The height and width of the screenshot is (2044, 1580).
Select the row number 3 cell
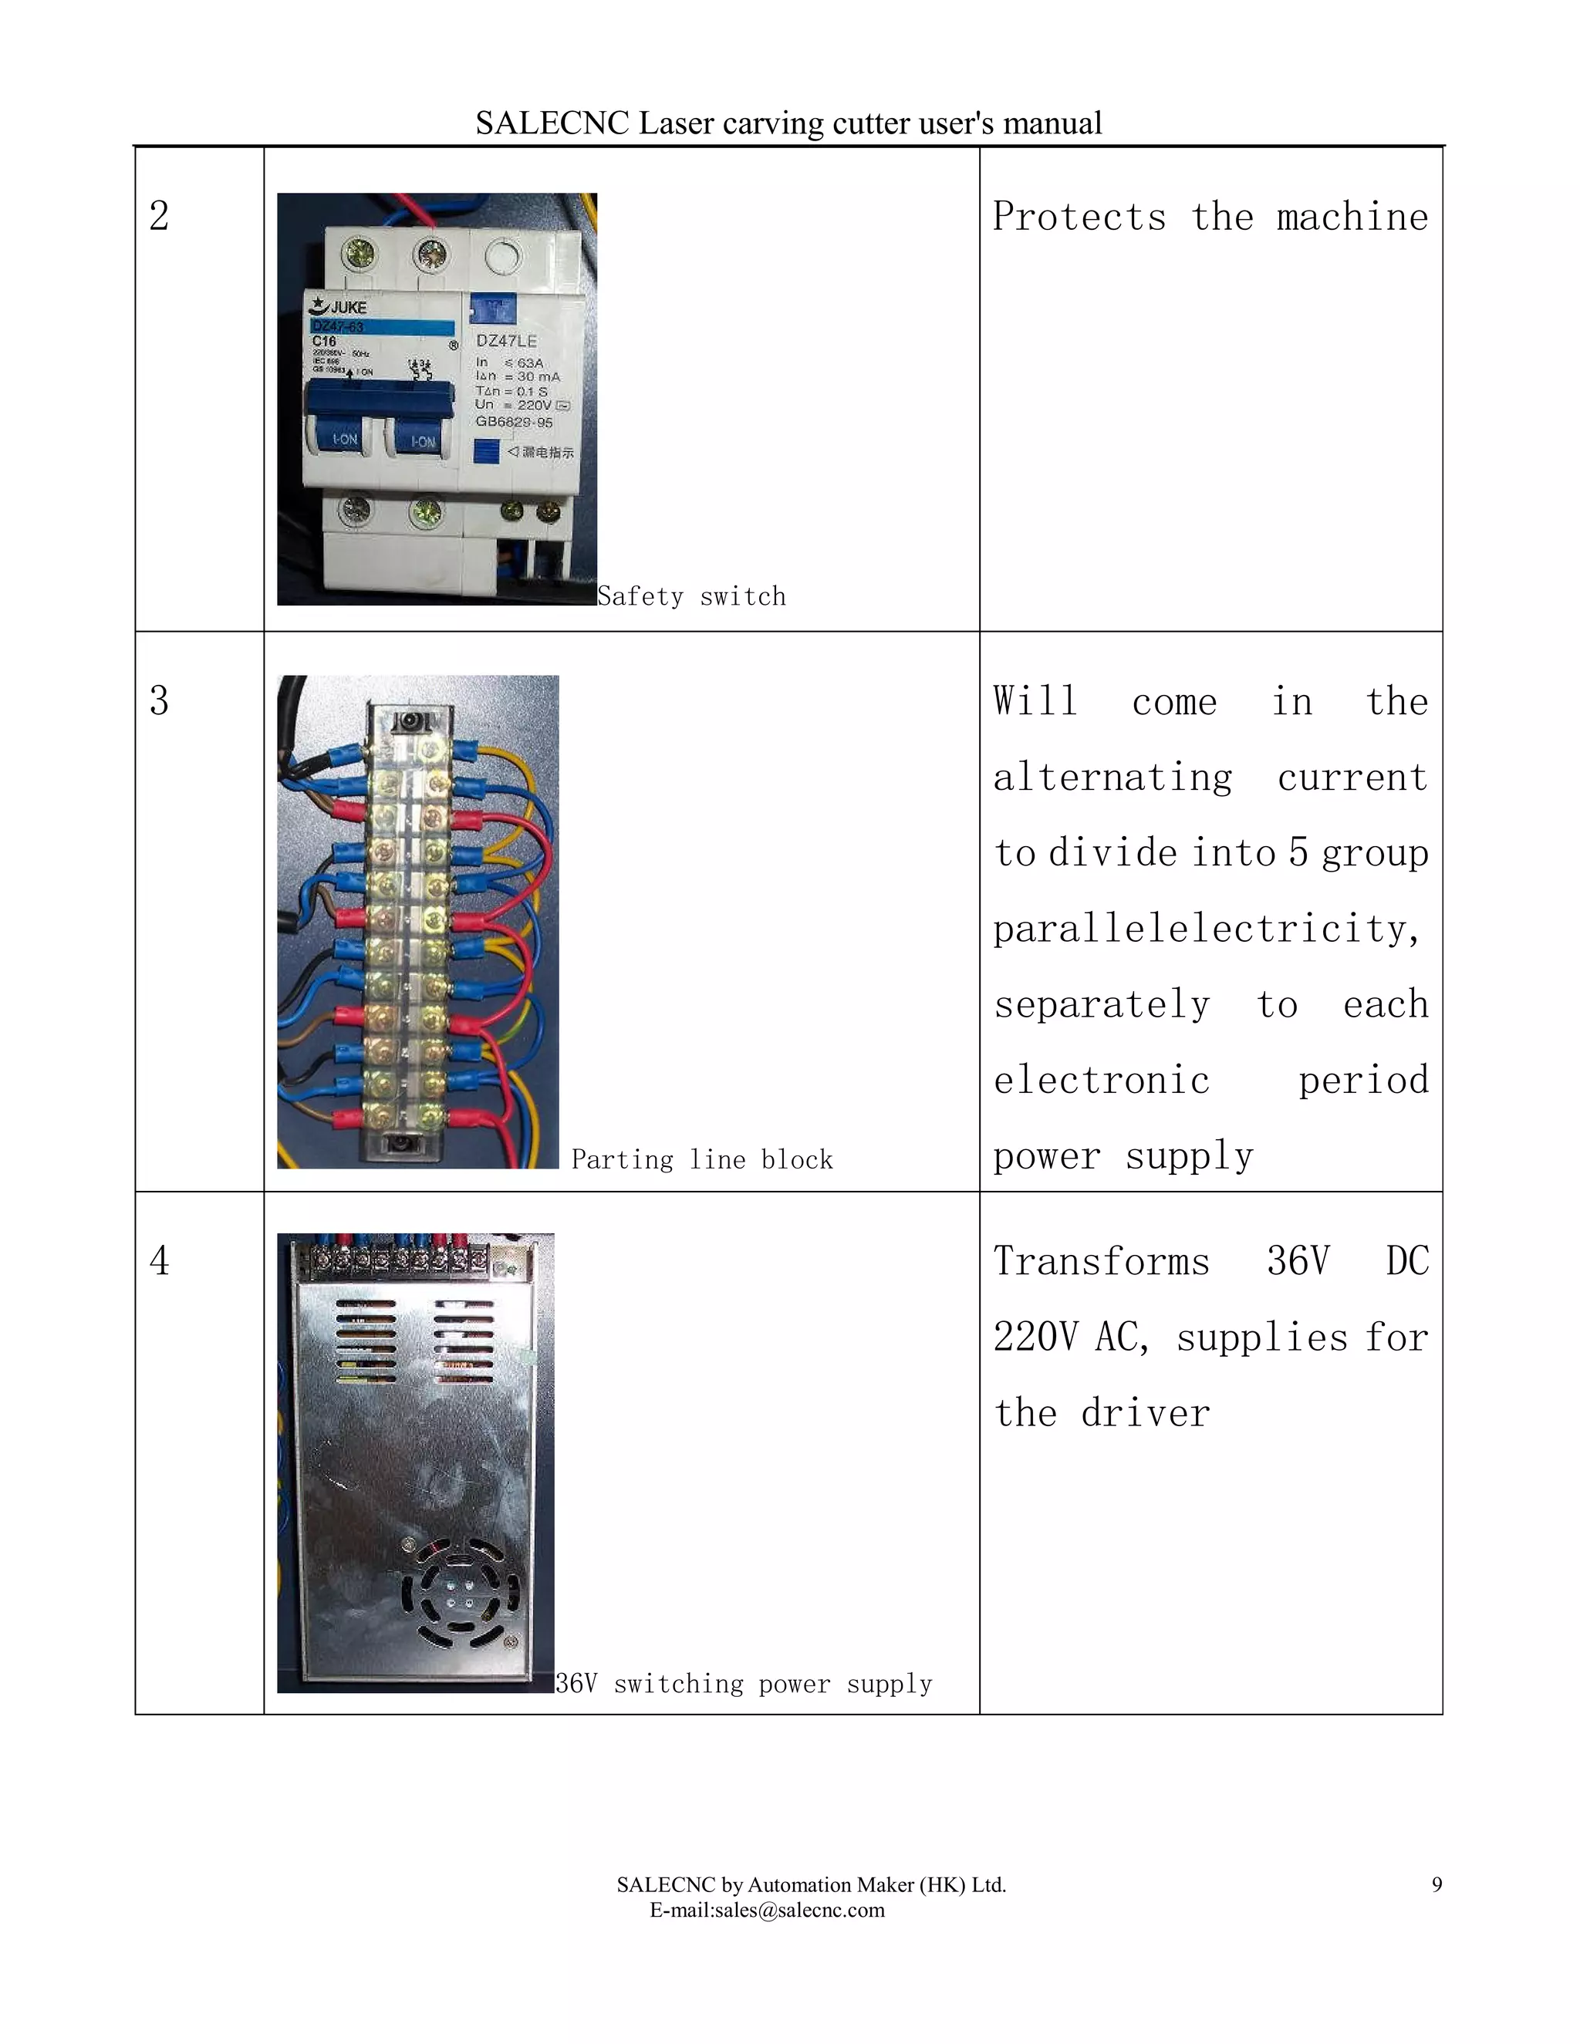click(159, 701)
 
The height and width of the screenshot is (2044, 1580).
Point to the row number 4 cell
click(159, 1260)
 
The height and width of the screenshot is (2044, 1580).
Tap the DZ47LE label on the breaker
click(506, 342)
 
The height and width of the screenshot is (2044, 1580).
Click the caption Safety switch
click(690, 596)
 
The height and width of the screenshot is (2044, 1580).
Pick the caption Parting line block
click(701, 1159)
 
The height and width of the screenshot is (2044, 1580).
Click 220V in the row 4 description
click(1036, 1337)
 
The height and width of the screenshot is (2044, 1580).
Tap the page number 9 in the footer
click(1436, 1885)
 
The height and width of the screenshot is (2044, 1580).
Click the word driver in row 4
click(1145, 1413)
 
